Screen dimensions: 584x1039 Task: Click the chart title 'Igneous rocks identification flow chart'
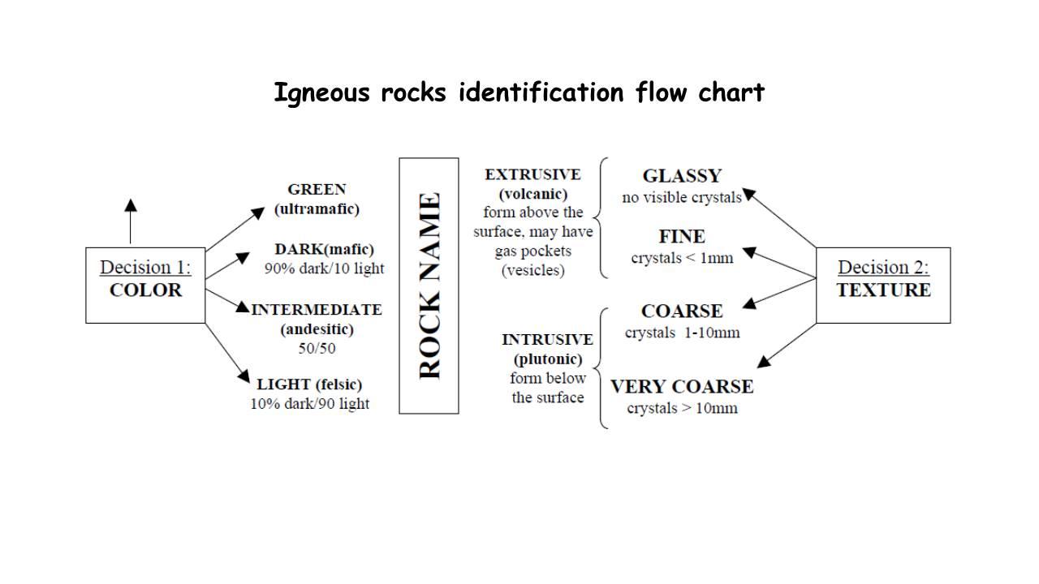(x=519, y=92)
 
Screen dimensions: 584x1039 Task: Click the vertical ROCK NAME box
(x=429, y=286)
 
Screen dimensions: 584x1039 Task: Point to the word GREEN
(x=317, y=189)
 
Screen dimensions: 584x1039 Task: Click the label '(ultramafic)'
(x=317, y=208)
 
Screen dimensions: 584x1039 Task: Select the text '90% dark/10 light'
(x=324, y=268)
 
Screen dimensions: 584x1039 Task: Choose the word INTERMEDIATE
(x=317, y=309)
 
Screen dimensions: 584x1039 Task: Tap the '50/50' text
(x=317, y=348)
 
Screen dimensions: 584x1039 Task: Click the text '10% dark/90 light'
(x=309, y=403)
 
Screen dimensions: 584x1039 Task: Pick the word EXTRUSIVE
(x=532, y=174)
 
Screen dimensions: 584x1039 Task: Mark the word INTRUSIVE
(x=547, y=339)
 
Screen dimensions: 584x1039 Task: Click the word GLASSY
(x=682, y=176)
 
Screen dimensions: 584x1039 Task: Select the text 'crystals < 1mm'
(x=682, y=258)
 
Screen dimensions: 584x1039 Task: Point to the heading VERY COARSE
(x=682, y=386)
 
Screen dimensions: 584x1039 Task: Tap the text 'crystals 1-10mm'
(x=682, y=333)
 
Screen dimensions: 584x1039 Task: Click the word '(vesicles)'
(x=532, y=271)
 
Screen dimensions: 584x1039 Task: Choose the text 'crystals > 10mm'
(x=682, y=408)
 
